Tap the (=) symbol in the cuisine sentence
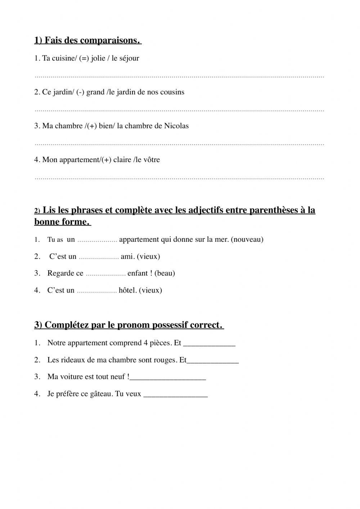point(84,58)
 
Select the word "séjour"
point(129,58)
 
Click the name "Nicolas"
point(176,126)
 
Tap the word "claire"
point(122,160)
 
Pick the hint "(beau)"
point(165,273)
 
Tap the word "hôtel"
point(127,290)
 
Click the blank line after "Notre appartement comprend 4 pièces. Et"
point(209,345)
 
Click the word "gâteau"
point(101,394)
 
